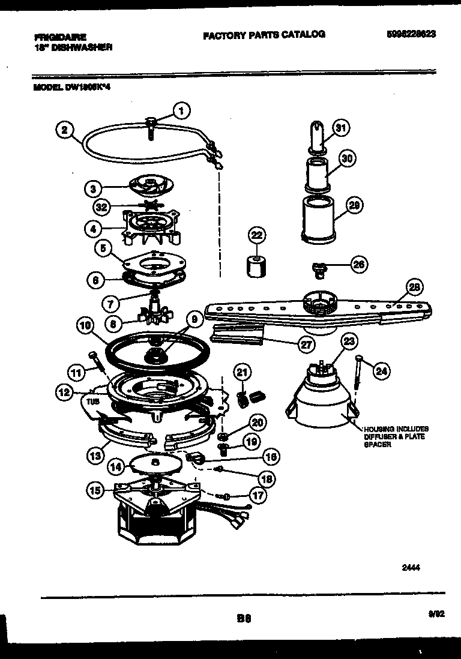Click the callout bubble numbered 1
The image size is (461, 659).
coord(181,110)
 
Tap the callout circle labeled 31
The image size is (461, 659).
coord(340,128)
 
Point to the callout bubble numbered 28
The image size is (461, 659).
coord(412,287)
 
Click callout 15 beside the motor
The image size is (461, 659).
coord(94,490)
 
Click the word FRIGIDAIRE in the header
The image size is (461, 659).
coord(61,37)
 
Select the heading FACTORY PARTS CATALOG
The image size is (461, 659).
coord(264,35)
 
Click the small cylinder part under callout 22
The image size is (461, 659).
coord(256,264)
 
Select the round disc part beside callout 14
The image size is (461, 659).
coord(155,463)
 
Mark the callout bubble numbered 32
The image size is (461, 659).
coord(102,208)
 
